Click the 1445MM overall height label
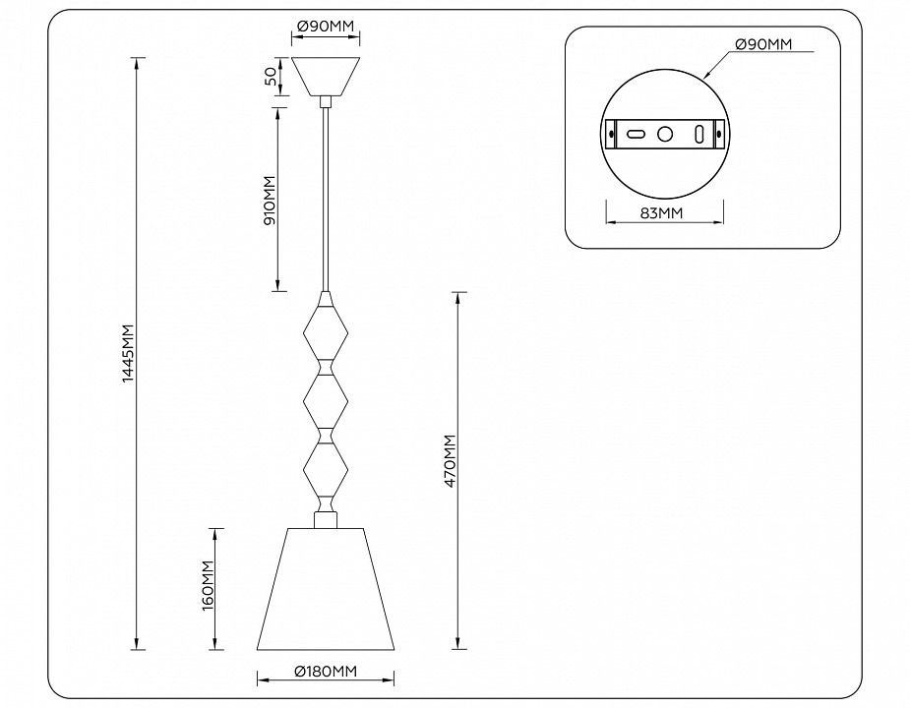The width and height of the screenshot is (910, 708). coord(127,354)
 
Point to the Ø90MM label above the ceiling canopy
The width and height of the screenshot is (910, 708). coord(326,25)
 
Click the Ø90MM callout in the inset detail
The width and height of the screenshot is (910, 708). coord(762,45)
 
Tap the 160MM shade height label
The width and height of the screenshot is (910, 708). coord(208,587)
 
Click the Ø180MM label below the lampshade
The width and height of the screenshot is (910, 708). coord(326,671)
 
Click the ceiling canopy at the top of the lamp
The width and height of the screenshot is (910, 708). coord(326,75)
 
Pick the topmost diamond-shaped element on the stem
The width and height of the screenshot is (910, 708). coord(326,330)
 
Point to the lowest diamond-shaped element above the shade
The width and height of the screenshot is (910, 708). coord(326,469)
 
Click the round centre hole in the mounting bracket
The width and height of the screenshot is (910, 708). coord(665,133)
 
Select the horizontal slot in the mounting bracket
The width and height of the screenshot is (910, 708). coord(637,133)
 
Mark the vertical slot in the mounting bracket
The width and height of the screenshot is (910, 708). coord(698,133)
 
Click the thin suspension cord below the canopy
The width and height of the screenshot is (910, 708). coord(326,197)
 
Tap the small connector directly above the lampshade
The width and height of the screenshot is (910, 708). coord(326,518)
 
